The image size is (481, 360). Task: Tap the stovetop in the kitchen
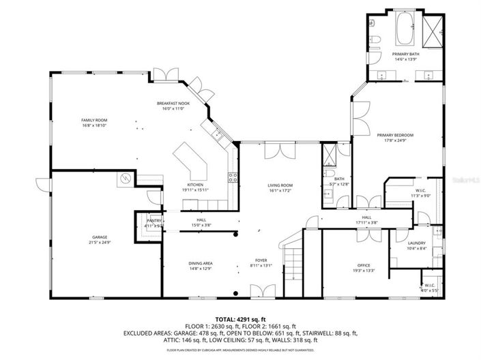tap(233, 179)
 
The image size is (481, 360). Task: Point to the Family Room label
tap(94, 120)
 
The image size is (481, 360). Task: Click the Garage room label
tap(95, 238)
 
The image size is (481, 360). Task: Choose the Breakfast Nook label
tap(170, 103)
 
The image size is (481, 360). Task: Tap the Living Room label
tap(280, 185)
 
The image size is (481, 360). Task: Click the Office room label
tap(364, 265)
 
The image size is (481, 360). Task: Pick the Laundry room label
tap(417, 243)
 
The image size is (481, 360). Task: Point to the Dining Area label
tap(201, 263)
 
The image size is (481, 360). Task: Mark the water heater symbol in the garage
tap(125, 179)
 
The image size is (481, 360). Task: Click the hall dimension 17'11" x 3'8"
tap(366, 222)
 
